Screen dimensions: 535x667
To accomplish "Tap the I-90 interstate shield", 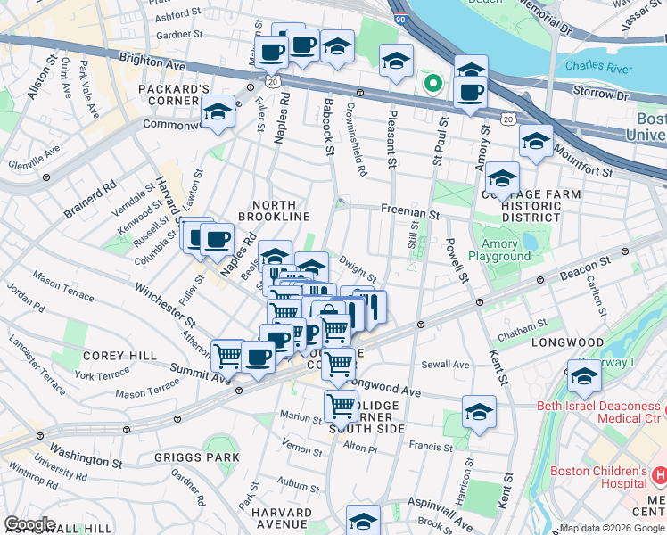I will pos(398,17).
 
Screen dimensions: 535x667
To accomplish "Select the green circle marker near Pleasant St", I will pos(432,85).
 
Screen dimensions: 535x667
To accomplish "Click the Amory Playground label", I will pos(506,251).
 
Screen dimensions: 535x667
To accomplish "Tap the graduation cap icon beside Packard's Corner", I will pos(218,112).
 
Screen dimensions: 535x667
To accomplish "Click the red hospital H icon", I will pos(660,473).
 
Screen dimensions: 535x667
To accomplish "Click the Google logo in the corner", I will pos(29,524).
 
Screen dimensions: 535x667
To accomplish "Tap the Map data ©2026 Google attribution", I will pos(612,528).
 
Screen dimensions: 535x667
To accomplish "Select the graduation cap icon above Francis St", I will pos(479,412).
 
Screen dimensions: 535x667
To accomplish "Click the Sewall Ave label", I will pos(446,365).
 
